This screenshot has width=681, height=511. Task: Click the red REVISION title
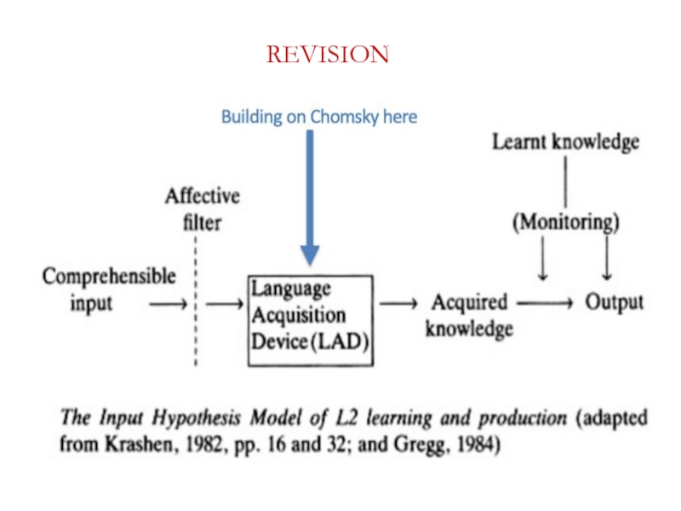tap(328, 55)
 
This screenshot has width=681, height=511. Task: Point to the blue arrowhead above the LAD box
tap(310, 253)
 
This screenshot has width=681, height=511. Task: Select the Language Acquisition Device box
tap(310, 319)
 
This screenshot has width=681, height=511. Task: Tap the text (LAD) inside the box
tap(341, 342)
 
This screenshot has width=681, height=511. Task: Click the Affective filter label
tap(202, 209)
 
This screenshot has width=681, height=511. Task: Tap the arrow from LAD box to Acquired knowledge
tap(398, 303)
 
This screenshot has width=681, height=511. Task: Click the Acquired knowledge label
tap(469, 315)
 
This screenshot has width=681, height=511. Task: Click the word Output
tap(614, 302)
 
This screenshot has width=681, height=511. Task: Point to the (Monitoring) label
tap(565, 223)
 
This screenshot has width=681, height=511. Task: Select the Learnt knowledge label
tap(565, 143)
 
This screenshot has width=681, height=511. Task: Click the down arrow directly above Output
tap(607, 260)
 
